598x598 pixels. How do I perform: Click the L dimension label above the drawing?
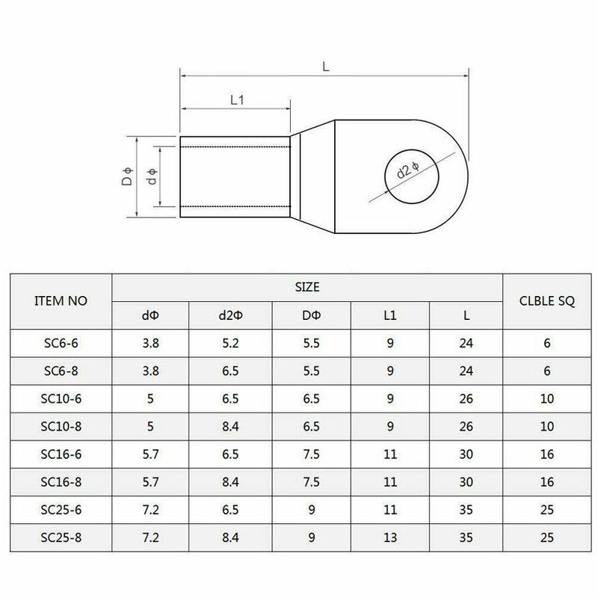pyautogui.click(x=326, y=67)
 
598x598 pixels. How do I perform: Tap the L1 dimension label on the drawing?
pyautogui.click(x=238, y=100)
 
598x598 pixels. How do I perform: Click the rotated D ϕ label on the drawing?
pyautogui.click(x=128, y=177)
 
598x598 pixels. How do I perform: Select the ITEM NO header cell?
pyautogui.click(x=61, y=301)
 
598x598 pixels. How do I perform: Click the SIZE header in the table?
pyautogui.click(x=308, y=286)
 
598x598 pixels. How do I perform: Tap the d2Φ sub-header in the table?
pyautogui.click(x=229, y=316)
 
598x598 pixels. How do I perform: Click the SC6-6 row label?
pyautogui.click(x=61, y=344)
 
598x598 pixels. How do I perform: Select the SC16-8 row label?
pyautogui.click(x=61, y=483)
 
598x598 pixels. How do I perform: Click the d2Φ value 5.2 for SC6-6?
pyautogui.click(x=229, y=344)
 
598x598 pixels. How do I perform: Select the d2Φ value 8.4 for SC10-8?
pyautogui.click(x=229, y=428)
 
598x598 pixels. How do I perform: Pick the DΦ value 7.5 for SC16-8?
pyautogui.click(x=308, y=483)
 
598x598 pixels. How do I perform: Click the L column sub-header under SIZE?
pyautogui.click(x=466, y=316)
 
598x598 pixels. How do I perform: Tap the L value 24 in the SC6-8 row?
pyautogui.click(x=466, y=372)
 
